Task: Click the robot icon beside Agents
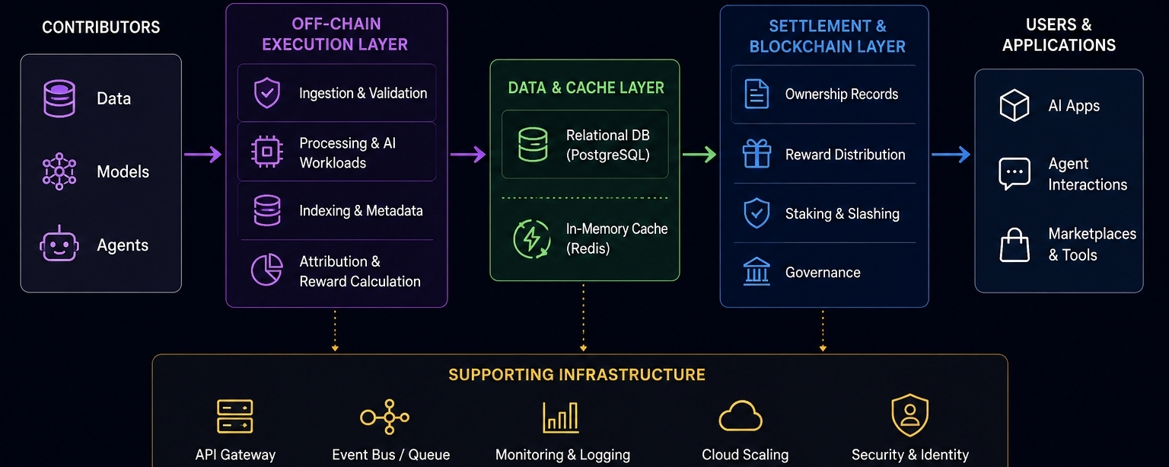point(59,244)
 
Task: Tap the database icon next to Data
point(59,98)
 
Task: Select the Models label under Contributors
point(123,171)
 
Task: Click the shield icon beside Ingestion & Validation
point(266,93)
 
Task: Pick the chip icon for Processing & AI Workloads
point(266,152)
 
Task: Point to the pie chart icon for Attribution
point(266,270)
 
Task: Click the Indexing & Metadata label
point(361,210)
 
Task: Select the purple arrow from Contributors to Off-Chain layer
point(202,154)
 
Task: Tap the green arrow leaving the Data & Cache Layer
point(699,154)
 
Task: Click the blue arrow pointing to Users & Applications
point(951,154)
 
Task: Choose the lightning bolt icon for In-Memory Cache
point(532,239)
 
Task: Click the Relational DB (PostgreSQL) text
point(608,145)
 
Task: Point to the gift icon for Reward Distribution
point(757,154)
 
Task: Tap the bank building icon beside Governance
point(757,271)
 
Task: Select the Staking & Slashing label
point(843,213)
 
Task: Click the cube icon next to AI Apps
point(1015,105)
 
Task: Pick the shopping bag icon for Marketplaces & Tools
point(1015,245)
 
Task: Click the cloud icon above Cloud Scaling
point(741,416)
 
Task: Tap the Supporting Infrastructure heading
point(577,375)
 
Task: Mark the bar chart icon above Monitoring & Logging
point(561,417)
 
